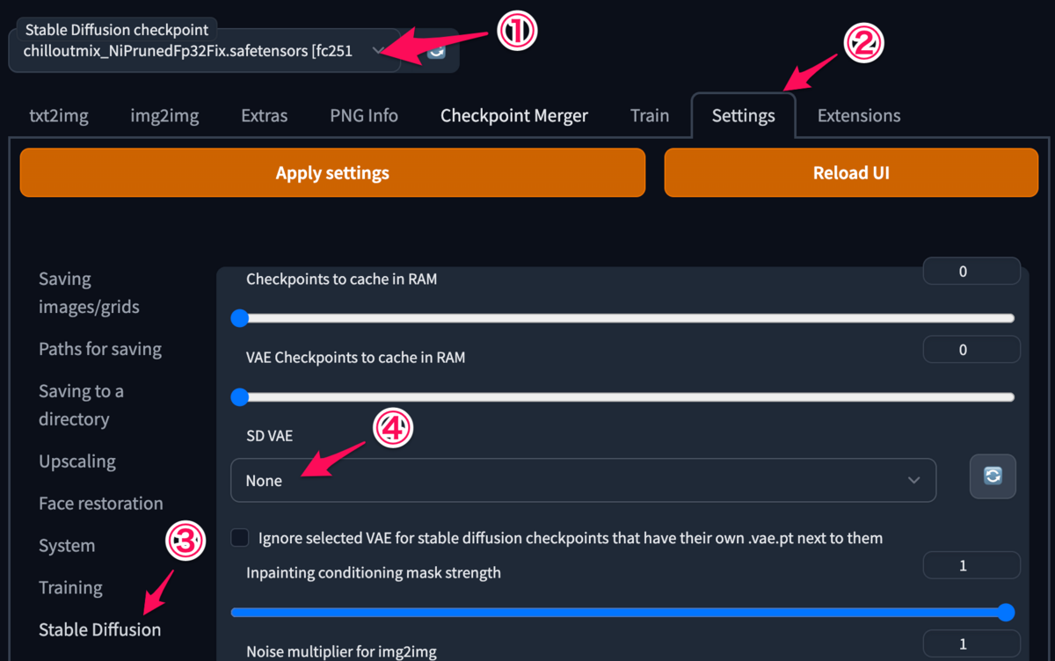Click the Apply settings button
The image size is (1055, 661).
332,173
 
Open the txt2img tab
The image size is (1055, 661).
59,116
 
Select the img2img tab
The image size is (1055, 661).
164,116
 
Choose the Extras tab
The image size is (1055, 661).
265,116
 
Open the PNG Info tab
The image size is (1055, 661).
364,116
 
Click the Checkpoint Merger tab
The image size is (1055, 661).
513,116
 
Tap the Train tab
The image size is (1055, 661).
650,116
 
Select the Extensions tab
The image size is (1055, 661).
859,116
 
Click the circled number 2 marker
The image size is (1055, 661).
863,43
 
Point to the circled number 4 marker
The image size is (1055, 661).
393,428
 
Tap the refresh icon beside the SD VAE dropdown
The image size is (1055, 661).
993,476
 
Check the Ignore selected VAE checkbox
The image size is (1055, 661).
240,537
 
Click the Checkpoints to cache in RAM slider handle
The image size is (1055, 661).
240,318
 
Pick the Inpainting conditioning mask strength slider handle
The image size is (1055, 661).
1006,612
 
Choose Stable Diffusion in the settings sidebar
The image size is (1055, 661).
100,630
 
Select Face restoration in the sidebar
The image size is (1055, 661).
101,504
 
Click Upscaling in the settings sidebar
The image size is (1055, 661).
77,461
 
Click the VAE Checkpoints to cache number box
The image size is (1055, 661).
971,349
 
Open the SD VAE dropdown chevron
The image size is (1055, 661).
913,480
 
